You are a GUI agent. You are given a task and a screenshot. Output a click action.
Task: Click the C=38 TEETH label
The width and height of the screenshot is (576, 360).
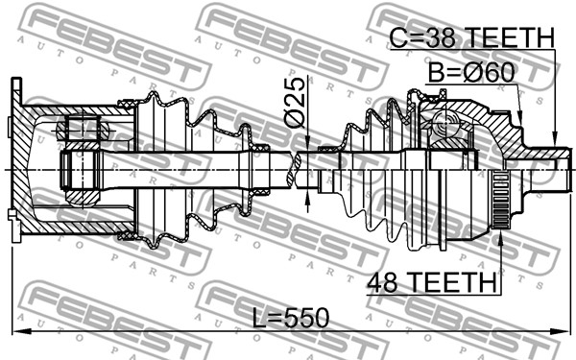coord(471,37)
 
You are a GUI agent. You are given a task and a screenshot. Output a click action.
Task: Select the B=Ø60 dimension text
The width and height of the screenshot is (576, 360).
coord(471,73)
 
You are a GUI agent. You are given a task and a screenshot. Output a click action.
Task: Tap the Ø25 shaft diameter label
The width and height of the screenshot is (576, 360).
coord(295,103)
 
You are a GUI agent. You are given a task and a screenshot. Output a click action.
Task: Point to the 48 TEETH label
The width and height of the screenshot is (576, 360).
coord(432,282)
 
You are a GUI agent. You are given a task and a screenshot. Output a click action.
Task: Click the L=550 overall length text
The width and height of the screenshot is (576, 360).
coord(291,318)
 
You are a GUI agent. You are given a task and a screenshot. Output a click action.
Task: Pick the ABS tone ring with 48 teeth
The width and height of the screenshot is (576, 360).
coord(500,200)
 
